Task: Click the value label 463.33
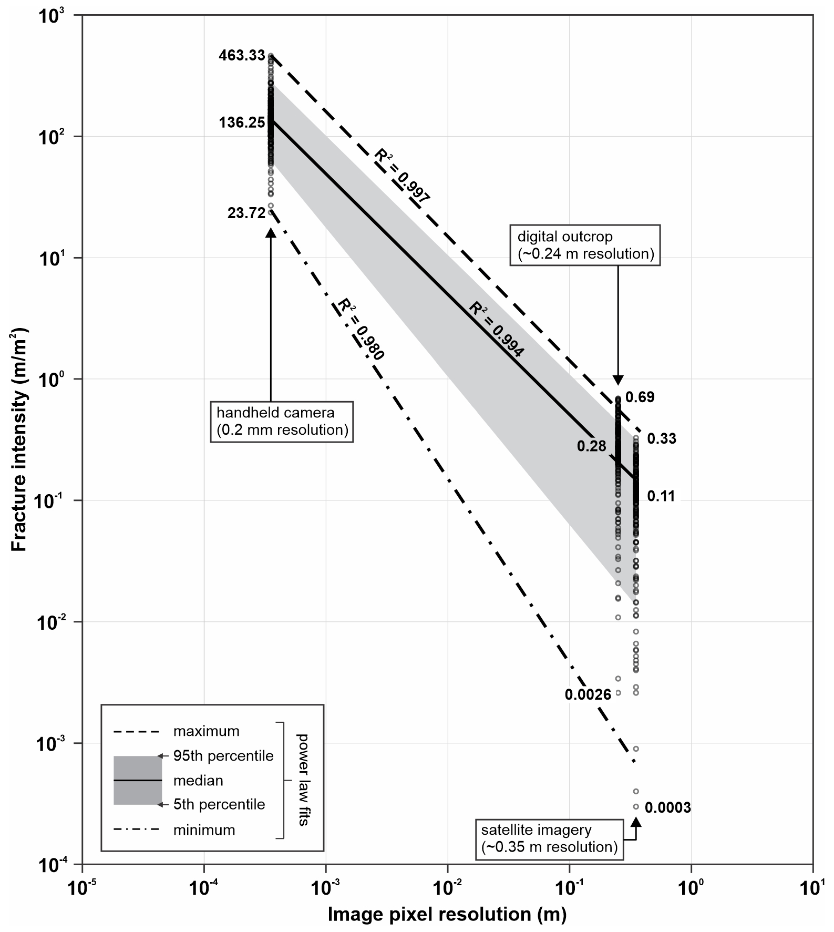point(242,55)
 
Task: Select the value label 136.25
point(242,122)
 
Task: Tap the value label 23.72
point(246,213)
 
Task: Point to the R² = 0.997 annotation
point(403,176)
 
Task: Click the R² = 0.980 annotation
point(361,329)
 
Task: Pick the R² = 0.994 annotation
point(496,329)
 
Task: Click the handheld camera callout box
point(282,422)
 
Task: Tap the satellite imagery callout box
point(549,838)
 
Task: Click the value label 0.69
point(640,397)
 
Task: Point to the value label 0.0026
point(588,695)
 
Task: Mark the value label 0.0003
point(667,807)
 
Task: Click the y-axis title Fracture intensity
point(19,439)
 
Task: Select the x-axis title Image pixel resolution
point(447,915)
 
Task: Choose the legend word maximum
point(206,731)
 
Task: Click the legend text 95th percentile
point(223,756)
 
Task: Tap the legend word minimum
point(204,830)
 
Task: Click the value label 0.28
point(591,446)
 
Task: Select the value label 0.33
point(662,439)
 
